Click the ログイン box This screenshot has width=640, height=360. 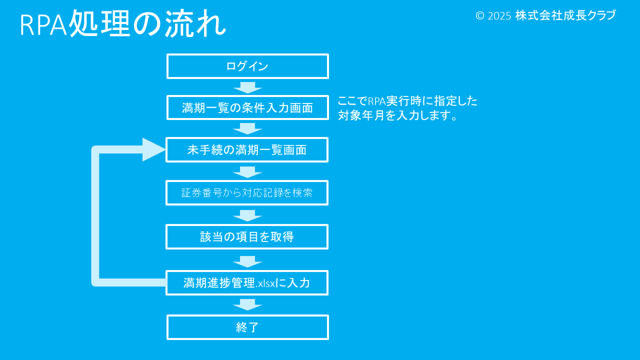click(x=247, y=66)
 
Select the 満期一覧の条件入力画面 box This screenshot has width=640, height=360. click(x=247, y=107)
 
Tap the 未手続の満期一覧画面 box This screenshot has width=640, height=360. click(x=247, y=150)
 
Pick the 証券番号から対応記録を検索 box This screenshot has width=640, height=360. click(x=247, y=193)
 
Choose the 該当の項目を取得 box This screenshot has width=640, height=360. click(x=247, y=237)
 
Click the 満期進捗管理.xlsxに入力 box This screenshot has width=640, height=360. click(x=247, y=283)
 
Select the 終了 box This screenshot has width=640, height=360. click(x=247, y=327)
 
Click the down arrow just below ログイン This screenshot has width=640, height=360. click(x=247, y=87)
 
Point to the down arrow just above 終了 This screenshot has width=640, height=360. click(x=247, y=304)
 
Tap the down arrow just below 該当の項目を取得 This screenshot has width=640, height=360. click(x=247, y=261)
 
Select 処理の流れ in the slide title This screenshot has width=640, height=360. click(x=147, y=24)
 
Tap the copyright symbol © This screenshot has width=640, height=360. click(x=480, y=16)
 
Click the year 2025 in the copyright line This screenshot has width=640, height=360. click(x=499, y=16)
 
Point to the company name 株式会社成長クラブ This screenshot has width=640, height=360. click(x=565, y=15)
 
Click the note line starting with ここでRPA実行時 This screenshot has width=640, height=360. click(x=407, y=101)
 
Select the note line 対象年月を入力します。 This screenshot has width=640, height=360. click(x=398, y=116)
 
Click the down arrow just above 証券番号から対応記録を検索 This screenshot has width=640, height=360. click(x=247, y=172)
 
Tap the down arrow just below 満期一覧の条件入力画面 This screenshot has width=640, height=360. click(x=247, y=128)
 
